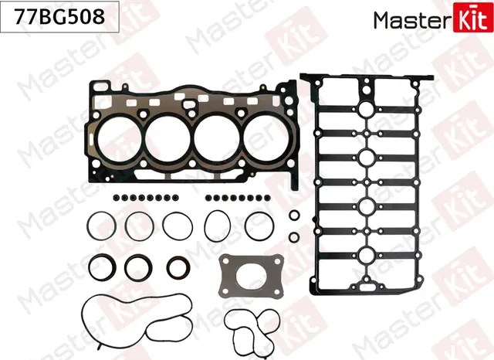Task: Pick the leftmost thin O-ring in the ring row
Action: (100, 226)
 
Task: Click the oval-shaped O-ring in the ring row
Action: (218, 226)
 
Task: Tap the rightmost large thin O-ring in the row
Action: (258, 226)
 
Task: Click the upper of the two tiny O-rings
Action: (294, 214)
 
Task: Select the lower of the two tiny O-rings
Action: (294, 236)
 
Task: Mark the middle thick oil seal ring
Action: (139, 267)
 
